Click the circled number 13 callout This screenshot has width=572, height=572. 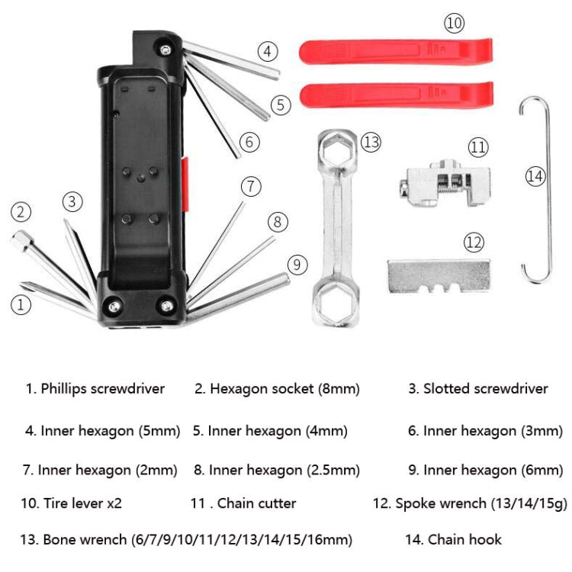(x=371, y=142)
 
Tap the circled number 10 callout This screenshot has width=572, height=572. (x=454, y=24)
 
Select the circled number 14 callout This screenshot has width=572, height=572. (x=535, y=176)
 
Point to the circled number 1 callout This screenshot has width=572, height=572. (x=21, y=305)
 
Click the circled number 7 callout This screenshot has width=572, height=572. (x=252, y=186)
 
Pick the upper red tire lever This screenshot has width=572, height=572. (x=394, y=52)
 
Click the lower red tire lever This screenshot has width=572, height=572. (x=394, y=95)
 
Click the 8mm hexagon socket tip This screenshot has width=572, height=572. (x=21, y=243)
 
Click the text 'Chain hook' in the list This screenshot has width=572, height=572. (x=464, y=540)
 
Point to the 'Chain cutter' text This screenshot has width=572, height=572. (x=256, y=503)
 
